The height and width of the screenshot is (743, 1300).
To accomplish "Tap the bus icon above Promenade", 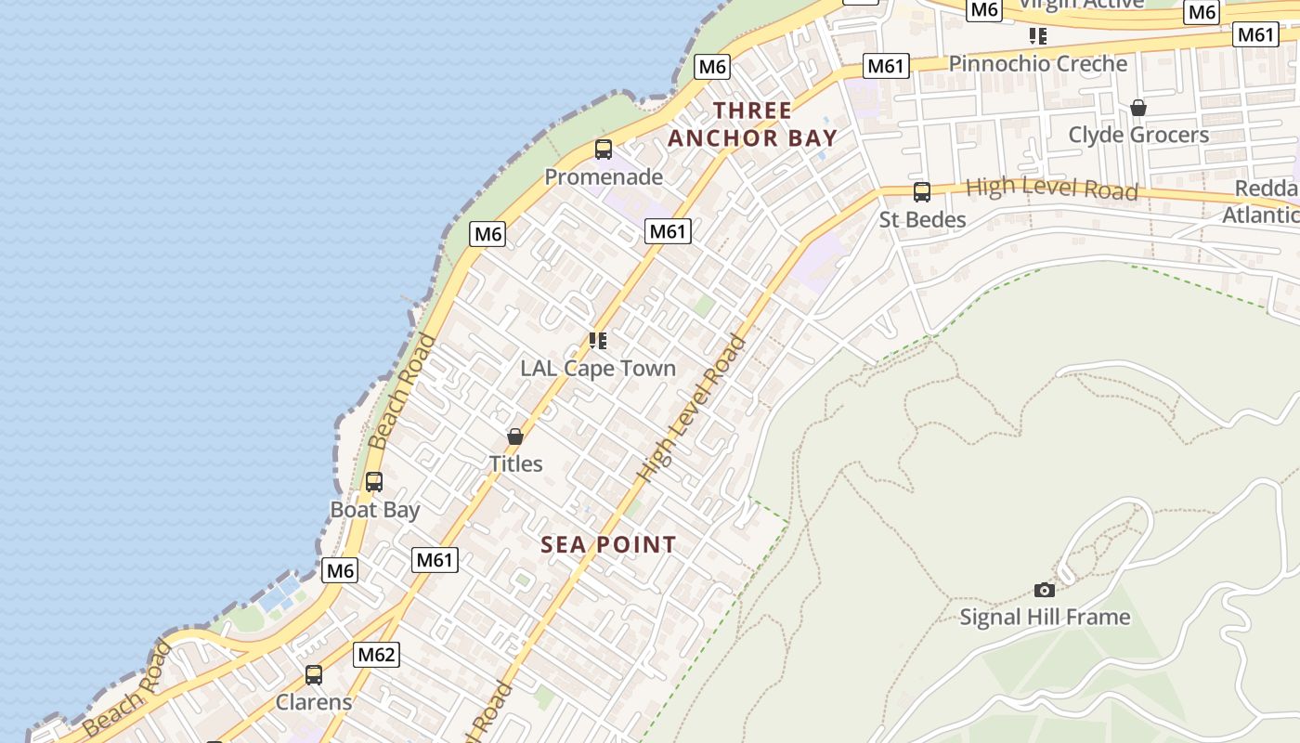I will (604, 149).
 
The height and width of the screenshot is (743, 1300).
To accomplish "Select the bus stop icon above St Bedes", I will (922, 191).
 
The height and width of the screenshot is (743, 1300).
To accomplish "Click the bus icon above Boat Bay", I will (374, 481).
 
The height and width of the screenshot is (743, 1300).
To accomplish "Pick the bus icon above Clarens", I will (314, 674).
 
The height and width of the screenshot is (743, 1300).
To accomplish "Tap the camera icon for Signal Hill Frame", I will (1045, 590).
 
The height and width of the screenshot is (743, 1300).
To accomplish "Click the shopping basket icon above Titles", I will (515, 437).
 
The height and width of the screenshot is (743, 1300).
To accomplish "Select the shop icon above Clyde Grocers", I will (1138, 108).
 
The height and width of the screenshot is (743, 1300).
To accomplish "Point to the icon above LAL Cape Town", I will (598, 341).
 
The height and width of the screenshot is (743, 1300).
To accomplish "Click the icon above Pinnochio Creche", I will (1037, 36).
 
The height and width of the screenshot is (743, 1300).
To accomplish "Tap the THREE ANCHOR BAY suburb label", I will (752, 124).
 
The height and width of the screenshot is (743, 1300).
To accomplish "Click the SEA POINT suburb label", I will (608, 545).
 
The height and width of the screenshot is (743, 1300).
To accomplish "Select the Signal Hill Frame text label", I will (1045, 617).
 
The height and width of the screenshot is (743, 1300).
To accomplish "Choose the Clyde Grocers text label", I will (1138, 135).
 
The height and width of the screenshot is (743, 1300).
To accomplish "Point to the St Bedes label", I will (922, 219).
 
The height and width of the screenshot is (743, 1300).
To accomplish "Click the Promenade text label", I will (604, 176).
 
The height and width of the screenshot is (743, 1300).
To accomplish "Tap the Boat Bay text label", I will (375, 509).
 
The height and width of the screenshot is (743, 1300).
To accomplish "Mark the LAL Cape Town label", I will (598, 368).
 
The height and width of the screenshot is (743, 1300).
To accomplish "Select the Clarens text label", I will (314, 702).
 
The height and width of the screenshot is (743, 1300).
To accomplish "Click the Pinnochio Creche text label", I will (1037, 63).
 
